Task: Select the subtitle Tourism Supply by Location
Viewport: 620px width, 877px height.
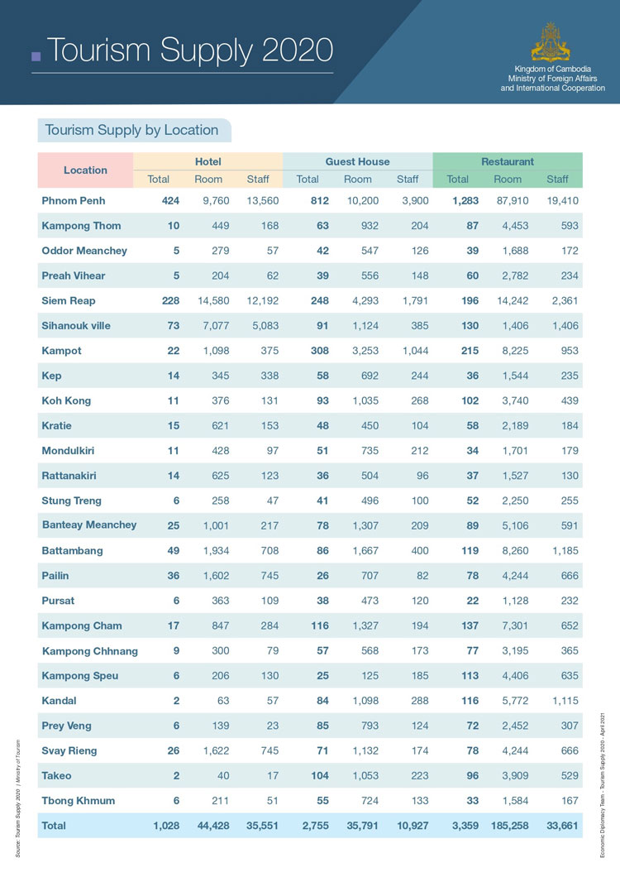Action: coord(131,130)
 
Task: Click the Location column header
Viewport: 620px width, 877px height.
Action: coord(85,170)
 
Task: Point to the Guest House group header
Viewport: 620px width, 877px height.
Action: coord(357,161)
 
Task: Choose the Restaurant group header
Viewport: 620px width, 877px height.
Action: coord(507,161)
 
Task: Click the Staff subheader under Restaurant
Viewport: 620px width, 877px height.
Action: coord(557,179)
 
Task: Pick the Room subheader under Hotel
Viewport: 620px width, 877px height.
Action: coord(208,179)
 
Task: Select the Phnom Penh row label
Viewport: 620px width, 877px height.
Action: coord(74,200)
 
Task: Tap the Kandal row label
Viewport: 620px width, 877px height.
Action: coord(59,701)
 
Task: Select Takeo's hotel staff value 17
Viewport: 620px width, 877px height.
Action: coord(271,776)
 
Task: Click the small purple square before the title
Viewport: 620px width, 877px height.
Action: coord(36,56)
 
